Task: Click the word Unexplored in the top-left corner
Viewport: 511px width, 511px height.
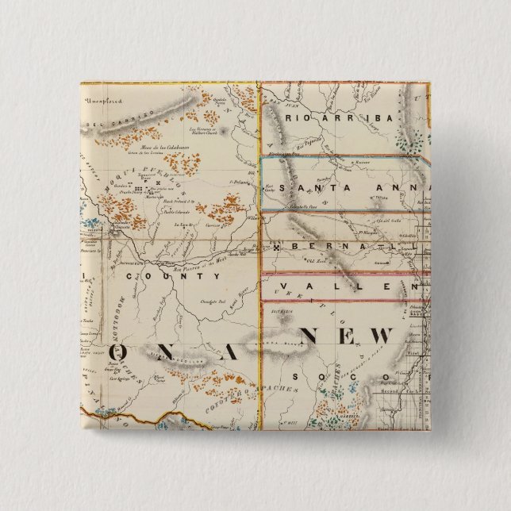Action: click(104, 100)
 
